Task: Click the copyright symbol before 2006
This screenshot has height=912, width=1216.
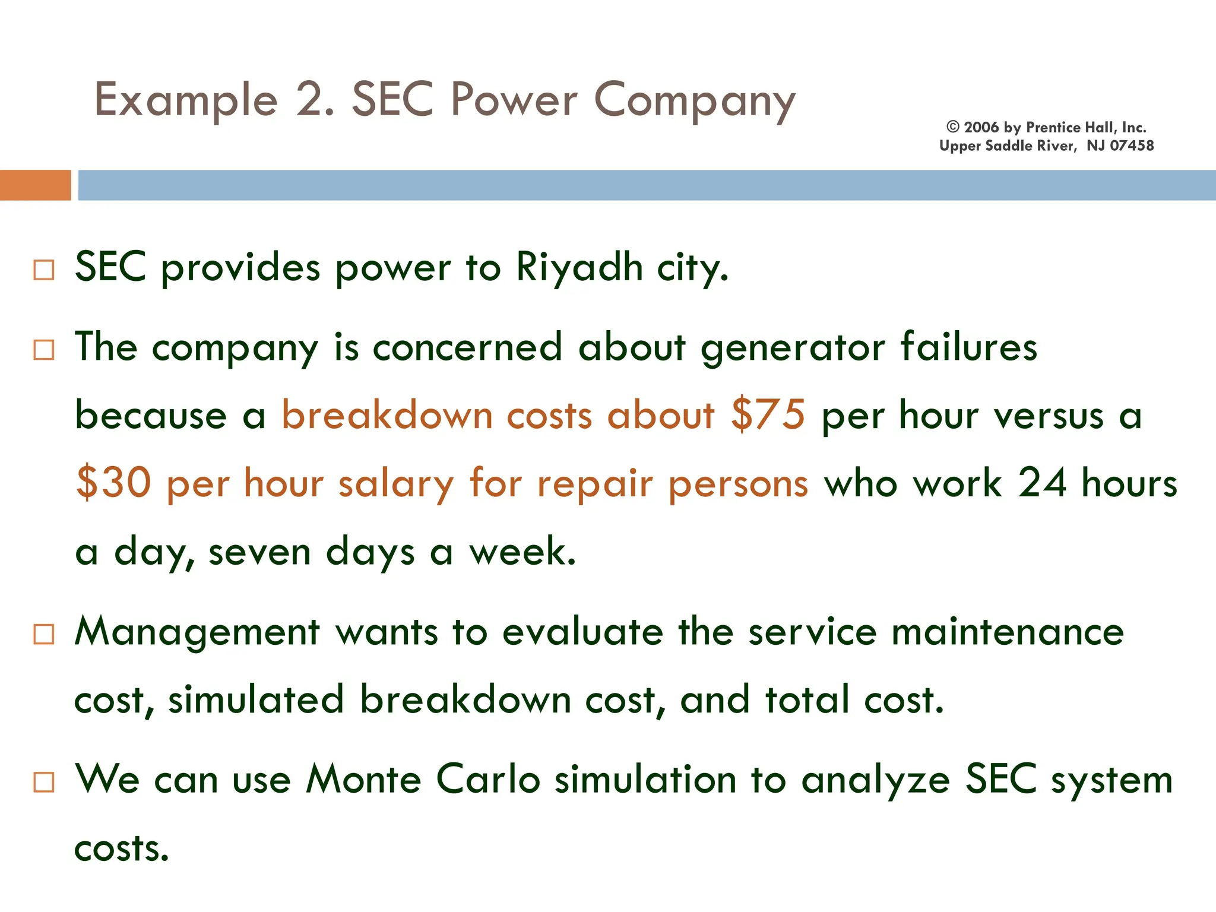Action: [953, 127]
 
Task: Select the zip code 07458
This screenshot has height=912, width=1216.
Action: [1132, 145]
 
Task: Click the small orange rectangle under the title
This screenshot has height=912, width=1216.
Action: [35, 185]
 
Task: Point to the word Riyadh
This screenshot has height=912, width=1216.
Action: [579, 267]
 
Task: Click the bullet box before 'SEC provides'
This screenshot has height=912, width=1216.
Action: [44, 270]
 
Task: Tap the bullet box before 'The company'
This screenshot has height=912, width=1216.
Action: [44, 350]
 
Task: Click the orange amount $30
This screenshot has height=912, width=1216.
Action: [113, 483]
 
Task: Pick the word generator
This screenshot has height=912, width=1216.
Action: [793, 347]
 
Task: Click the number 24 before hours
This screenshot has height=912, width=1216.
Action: [1042, 482]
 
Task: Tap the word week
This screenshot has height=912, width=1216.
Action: [522, 551]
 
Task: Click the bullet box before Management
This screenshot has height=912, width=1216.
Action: [44, 634]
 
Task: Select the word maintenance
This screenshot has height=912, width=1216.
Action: [1008, 632]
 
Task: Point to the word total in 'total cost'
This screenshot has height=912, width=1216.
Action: [807, 699]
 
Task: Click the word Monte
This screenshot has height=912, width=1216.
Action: [363, 779]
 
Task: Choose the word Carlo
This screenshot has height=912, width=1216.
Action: [488, 779]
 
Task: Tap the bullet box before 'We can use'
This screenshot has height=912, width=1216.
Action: [44, 782]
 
